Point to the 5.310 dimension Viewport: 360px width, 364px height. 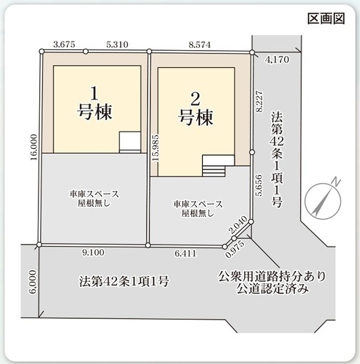pyautogui.click(x=116, y=44)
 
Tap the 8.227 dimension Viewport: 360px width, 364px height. pyautogui.click(x=261, y=98)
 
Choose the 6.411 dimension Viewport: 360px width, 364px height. pyautogui.click(x=187, y=252)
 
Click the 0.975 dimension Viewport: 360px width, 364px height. pyautogui.click(x=234, y=251)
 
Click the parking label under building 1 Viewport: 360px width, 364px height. pyautogui.click(x=94, y=198)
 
